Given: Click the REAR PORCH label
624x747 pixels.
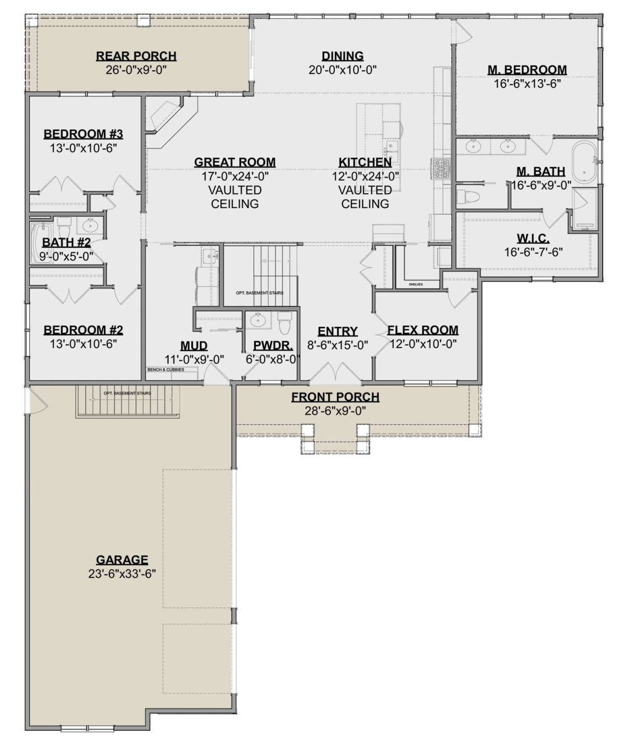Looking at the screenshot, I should tap(136, 56).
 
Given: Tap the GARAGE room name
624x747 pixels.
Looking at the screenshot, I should tap(122, 560).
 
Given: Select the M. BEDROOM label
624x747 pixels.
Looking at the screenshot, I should tap(527, 69).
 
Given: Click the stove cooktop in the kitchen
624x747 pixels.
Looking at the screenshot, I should tap(440, 168).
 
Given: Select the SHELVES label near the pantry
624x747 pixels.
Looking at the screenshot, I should tap(415, 284).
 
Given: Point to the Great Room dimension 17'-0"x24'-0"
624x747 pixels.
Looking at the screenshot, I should tap(235, 176).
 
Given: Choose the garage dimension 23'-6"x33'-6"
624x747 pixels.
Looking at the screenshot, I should tap(122, 574).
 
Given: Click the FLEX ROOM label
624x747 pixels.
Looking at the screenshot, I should tap(423, 330).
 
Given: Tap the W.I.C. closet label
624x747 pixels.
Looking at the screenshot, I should tap(533, 238).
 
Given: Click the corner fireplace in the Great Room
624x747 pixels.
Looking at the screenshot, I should tap(165, 116).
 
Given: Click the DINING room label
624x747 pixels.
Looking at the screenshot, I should tap(342, 56).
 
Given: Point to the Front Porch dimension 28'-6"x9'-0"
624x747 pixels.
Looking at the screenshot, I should tap(335, 411).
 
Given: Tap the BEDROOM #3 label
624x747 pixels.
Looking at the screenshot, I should tap(83, 134).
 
